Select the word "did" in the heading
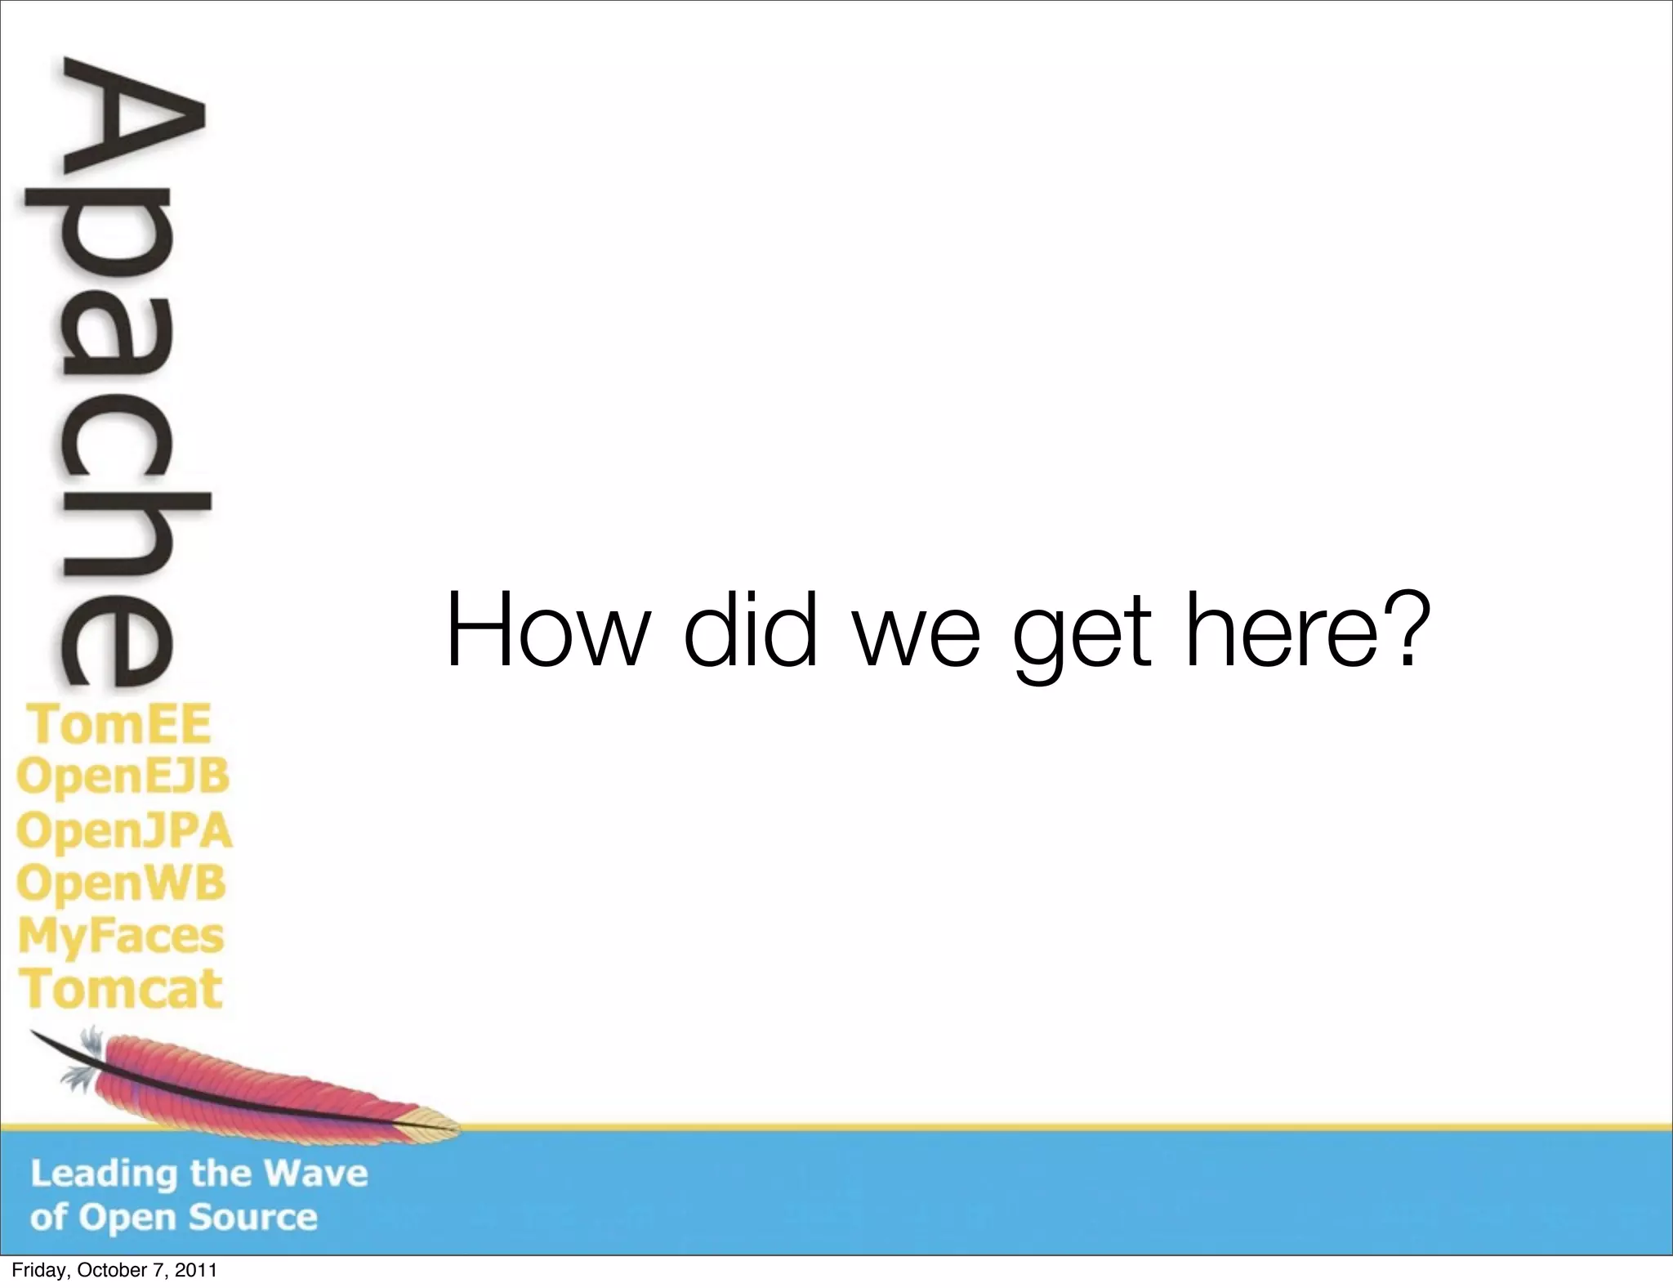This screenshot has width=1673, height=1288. [x=750, y=630]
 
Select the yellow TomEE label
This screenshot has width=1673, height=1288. [x=120, y=724]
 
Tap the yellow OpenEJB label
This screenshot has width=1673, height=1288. [x=123, y=776]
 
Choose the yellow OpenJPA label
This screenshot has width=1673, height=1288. [x=124, y=830]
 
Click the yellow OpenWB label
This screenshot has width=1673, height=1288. [x=121, y=883]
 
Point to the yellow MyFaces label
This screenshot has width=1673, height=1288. [x=121, y=937]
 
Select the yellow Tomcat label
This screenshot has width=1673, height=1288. [x=121, y=989]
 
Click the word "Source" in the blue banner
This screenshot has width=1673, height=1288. [x=253, y=1218]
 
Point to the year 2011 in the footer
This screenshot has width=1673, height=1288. [x=198, y=1271]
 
